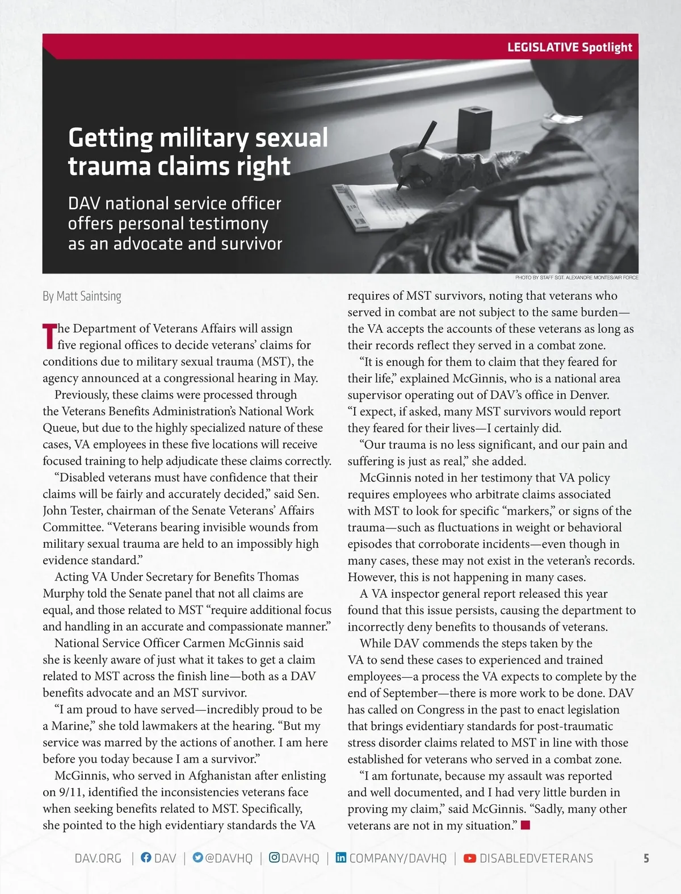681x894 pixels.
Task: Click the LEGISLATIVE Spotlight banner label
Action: [x=569, y=47]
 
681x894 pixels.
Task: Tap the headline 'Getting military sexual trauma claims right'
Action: [x=197, y=152]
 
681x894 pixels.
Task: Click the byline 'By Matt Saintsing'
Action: [x=82, y=296]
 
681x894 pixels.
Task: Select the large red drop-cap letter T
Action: [x=49, y=337]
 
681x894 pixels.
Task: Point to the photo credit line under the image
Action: [x=577, y=278]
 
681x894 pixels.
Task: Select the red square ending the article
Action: [x=525, y=825]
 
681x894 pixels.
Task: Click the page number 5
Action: [x=646, y=858]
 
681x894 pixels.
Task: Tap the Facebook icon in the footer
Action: [x=146, y=858]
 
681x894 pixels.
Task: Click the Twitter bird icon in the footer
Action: [x=197, y=858]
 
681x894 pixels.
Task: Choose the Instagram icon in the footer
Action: [x=274, y=858]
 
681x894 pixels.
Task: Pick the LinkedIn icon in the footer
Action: [x=340, y=858]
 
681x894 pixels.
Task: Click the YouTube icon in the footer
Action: [x=470, y=858]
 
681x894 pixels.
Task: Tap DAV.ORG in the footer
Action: [x=98, y=858]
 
